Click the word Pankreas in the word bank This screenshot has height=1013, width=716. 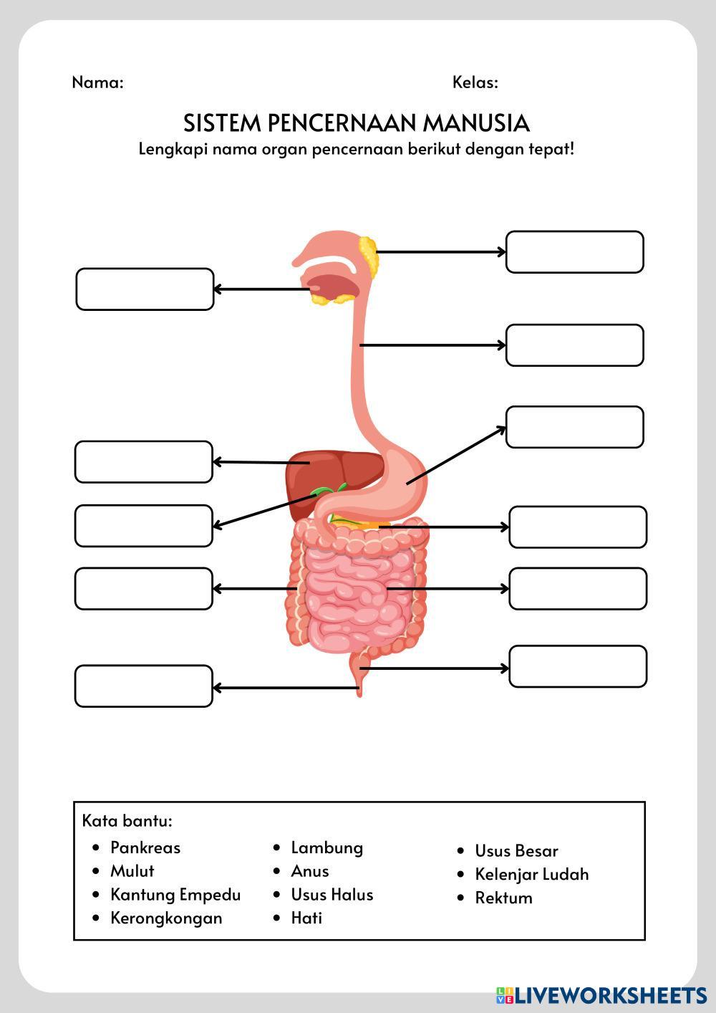145,848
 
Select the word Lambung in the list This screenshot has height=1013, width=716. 326,848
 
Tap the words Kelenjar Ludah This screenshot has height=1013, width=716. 531,874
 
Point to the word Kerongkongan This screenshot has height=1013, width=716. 166,918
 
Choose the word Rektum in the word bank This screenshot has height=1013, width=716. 503,898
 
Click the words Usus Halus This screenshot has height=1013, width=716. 332,894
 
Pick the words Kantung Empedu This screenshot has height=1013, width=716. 175,894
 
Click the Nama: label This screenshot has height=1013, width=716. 97,82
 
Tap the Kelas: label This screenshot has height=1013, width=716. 475,82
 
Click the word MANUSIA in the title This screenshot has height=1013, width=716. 475,123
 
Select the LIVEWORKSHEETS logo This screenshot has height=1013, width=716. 601,995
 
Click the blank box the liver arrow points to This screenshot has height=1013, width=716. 144,462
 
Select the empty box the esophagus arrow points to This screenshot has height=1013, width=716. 574,345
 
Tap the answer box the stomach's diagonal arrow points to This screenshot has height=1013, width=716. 574,427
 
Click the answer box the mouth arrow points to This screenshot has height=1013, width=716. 145,289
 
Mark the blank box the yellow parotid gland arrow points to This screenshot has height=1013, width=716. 574,252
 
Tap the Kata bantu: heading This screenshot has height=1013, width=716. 127,820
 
